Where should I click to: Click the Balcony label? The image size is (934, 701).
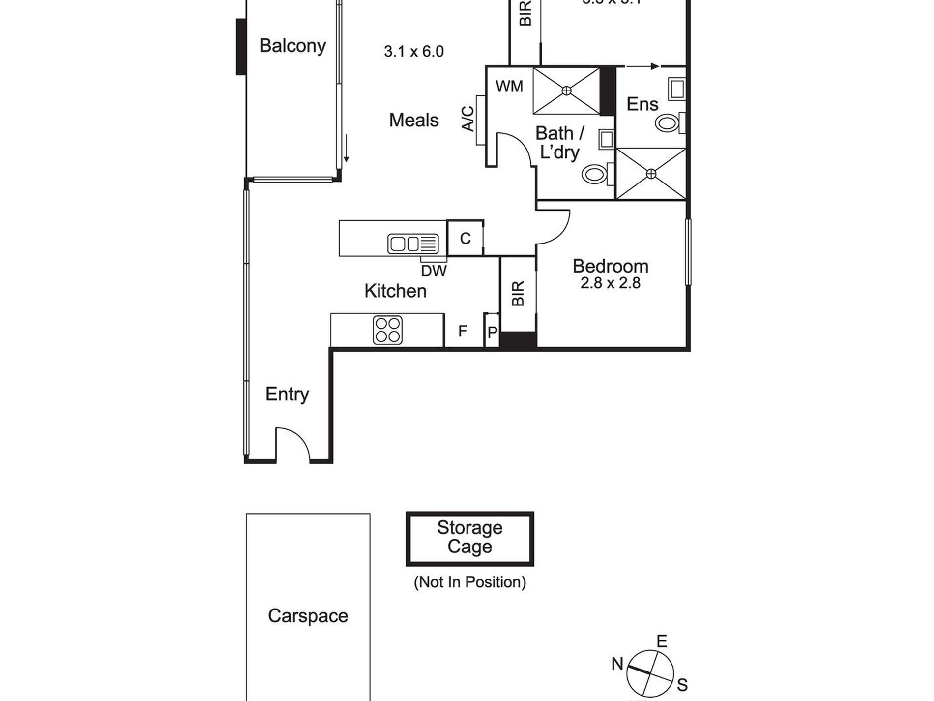292,46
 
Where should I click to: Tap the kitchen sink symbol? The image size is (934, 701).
413,244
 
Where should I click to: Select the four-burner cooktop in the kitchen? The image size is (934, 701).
387,330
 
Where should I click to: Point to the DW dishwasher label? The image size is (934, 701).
434,271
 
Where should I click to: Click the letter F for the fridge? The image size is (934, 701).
463,331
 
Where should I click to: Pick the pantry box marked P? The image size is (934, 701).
492,333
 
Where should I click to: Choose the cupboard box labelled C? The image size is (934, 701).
465,239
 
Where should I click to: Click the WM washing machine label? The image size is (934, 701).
509,87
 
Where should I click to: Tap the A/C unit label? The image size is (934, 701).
468,119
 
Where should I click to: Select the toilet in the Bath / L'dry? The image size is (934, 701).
594,174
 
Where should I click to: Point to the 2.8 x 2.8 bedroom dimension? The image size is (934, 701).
610,283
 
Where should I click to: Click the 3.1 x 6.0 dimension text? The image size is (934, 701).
413,51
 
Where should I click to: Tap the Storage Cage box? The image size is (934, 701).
469,538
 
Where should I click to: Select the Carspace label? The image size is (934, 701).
308,616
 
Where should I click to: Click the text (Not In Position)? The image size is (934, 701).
469,582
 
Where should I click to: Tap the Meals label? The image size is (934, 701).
413,120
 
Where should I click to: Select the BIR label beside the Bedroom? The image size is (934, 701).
518,294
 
